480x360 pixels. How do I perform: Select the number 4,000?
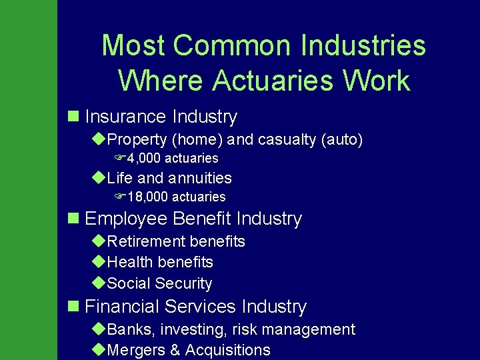144,159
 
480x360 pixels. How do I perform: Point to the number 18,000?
147,197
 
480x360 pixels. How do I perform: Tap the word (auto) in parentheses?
342,140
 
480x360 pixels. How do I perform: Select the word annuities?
200,178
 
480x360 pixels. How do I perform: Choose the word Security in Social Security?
185,283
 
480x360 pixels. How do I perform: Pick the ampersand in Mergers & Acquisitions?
175,350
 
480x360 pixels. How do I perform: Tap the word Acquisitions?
228,351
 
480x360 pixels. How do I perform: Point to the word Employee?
126,219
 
